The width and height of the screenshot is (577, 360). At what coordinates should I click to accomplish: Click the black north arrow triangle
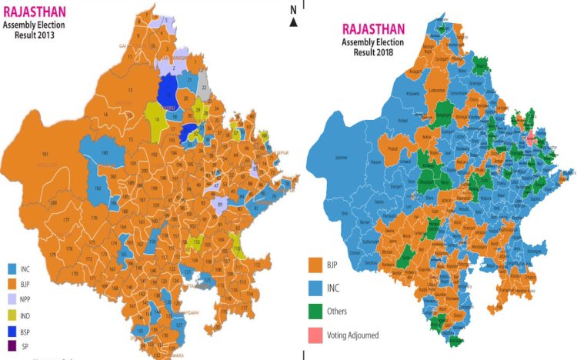[293, 22]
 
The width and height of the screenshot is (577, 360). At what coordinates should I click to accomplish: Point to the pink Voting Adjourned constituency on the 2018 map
[531, 138]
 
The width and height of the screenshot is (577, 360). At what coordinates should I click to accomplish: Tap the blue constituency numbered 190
[102, 154]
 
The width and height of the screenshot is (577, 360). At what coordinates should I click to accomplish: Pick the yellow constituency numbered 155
[196, 241]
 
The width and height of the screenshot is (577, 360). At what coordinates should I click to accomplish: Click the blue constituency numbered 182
[98, 188]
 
